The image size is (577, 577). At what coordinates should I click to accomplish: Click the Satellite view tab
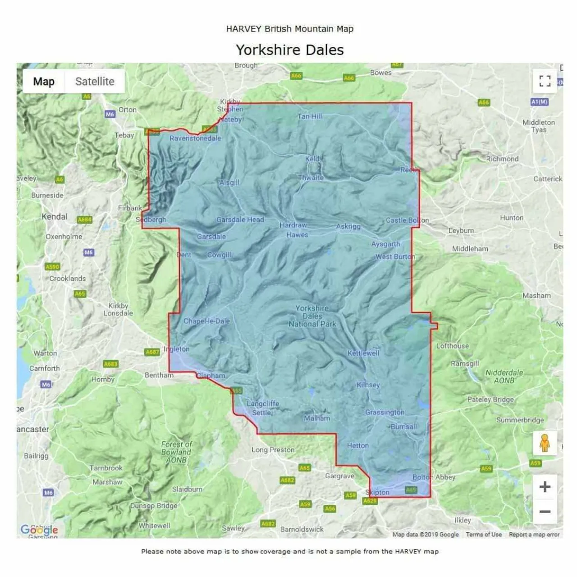coord(95,82)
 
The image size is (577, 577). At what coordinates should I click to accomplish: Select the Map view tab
coord(44,82)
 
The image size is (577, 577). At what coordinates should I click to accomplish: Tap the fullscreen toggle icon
coord(545,81)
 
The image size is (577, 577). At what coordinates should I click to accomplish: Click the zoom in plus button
coord(545,487)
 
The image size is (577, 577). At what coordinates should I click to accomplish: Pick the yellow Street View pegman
coord(545,443)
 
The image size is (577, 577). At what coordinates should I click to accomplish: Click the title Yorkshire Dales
coord(289,50)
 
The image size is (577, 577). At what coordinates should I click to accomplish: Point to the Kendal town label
coord(55,217)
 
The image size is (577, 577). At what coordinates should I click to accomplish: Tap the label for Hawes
coord(297,235)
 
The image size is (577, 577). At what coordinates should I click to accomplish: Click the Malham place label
coord(317,418)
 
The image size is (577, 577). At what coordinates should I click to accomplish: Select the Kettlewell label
coord(363,353)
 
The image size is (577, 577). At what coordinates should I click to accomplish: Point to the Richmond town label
coord(502,159)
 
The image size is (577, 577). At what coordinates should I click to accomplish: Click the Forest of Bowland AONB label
coord(176,452)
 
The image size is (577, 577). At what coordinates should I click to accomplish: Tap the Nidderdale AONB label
coord(504,376)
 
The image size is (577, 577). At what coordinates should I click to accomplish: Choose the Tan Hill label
coord(310,116)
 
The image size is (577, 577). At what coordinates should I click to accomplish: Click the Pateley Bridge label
coord(490,399)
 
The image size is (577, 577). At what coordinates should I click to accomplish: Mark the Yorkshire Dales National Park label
coord(312,316)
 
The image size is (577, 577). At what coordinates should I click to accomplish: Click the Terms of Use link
coord(483,535)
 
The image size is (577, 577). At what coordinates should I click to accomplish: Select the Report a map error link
coord(534,535)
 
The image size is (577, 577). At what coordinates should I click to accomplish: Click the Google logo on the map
coord(39,530)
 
